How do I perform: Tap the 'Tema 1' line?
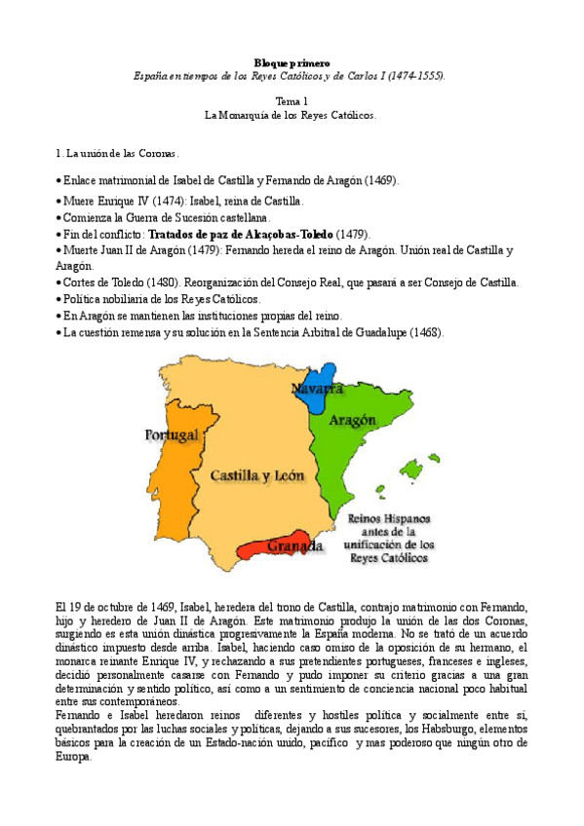pos(292,100)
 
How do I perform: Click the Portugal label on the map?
pos(172,434)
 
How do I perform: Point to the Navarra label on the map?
pos(317,389)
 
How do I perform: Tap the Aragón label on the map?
pos(352,422)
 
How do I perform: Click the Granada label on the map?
pos(294,545)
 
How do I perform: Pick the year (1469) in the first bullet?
pos(381,181)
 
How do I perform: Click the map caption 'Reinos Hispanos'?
pos(389,519)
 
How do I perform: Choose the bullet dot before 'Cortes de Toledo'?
pos(58,282)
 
